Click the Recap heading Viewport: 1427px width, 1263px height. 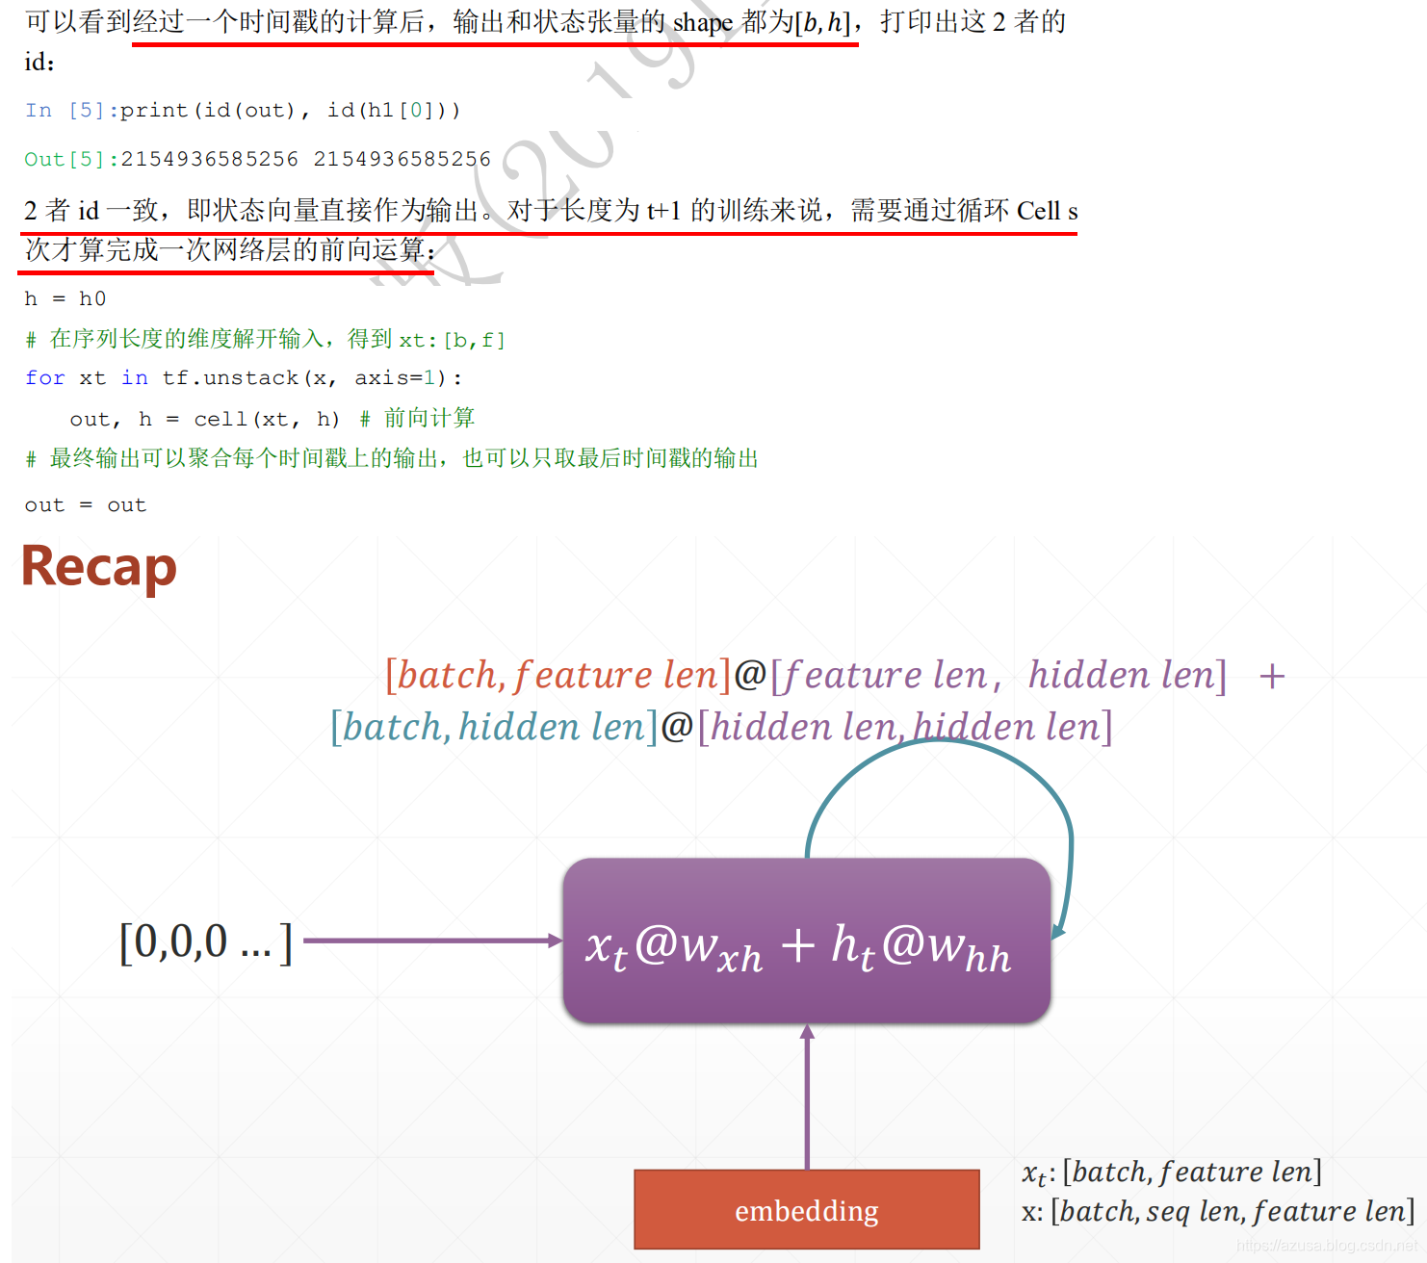99,567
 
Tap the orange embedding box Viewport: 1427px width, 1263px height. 806,1209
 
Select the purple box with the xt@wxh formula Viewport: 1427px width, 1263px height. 806,941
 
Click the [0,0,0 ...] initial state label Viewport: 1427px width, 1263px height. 205,941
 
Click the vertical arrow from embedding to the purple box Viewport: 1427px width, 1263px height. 807,1097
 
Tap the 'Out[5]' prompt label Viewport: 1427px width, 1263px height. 64,159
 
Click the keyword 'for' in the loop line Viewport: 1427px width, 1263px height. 44,378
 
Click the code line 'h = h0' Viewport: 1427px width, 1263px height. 65,299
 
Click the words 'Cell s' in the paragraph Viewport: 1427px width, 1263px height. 1047,211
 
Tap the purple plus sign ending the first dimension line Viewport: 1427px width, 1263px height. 1272,676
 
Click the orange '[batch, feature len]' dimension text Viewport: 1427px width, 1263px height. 558,676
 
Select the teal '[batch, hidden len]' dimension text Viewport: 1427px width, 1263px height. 494,728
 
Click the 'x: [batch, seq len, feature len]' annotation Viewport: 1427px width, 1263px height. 1218,1211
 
